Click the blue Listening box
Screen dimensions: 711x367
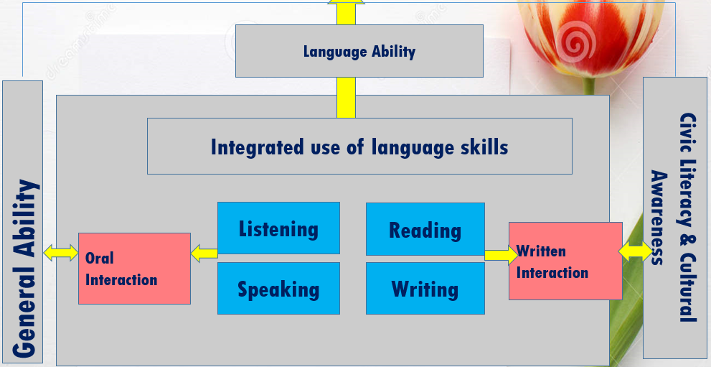278,228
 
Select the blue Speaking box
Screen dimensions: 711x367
278,288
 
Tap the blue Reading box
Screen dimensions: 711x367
425,229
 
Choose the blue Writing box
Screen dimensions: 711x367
425,288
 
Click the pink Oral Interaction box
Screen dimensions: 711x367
134,269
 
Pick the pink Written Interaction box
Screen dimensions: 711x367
565,261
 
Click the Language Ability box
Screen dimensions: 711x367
359,51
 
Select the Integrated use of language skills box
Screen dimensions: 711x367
359,146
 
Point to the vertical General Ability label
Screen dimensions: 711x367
24,268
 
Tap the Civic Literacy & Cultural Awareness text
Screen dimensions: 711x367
673,217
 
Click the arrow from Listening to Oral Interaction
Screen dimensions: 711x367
204,253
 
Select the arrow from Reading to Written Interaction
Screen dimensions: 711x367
501,255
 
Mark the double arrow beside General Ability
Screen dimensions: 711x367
61,253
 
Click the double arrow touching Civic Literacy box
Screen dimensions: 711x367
635,251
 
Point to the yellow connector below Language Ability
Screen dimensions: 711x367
346,98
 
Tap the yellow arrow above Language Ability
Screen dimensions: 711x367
346,12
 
